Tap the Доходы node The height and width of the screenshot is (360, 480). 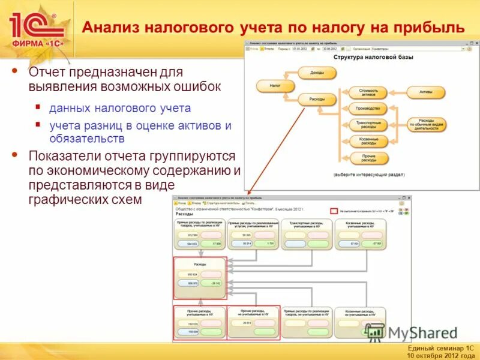317,73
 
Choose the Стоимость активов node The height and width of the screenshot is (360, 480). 368,92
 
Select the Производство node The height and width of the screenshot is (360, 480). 368,109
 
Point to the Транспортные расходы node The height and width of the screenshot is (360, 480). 368,125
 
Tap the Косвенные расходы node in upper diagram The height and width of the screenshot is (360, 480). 368,141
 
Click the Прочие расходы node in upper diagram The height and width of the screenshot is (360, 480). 368,158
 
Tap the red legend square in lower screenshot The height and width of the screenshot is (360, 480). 334,211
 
